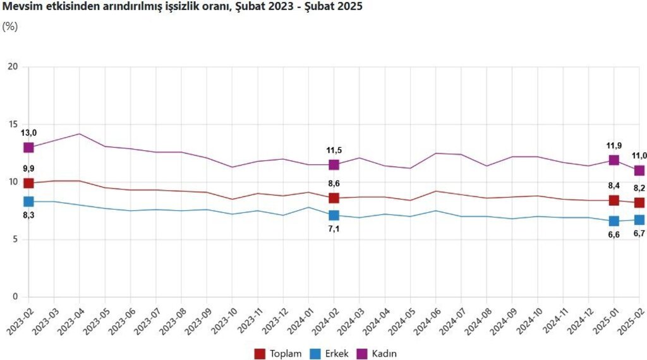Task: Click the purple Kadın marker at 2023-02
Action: tap(28, 147)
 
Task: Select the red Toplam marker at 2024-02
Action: tap(334, 198)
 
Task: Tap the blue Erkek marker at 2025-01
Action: tap(614, 221)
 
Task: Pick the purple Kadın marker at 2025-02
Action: tap(639, 171)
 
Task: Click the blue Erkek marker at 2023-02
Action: tap(28, 201)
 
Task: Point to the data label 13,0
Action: tap(29, 133)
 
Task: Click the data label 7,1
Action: tap(334, 229)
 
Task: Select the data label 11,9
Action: tap(614, 146)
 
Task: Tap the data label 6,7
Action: tap(639, 234)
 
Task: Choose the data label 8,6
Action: tap(334, 183)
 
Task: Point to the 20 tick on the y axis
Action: tap(15, 67)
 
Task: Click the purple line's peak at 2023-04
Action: tap(79, 134)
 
